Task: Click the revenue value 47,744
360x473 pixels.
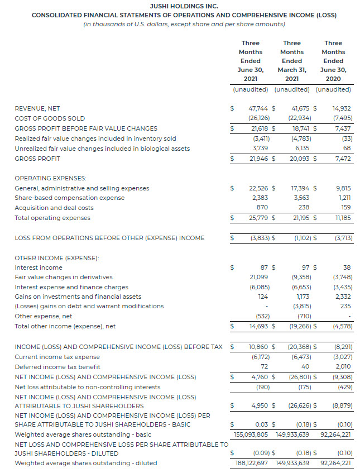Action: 258,108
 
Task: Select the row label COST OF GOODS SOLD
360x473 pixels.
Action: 50,118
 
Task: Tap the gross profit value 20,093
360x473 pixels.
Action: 300,159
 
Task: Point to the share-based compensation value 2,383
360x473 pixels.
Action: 260,198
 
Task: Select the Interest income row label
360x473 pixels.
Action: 39,267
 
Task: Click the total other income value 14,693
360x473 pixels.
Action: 258,326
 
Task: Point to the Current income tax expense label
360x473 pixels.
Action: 57,357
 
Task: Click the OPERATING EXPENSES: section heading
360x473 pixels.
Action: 50,178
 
